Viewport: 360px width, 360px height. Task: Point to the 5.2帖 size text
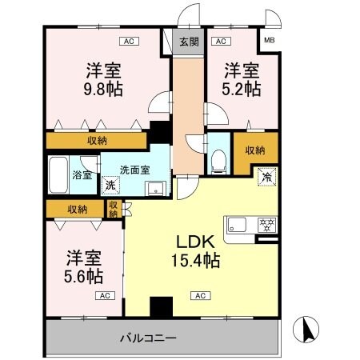[x=242, y=89]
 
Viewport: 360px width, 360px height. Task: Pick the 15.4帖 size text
[x=194, y=262]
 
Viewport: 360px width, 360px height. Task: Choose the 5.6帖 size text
[x=83, y=277]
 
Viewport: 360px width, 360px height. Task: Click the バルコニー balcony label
[x=150, y=338]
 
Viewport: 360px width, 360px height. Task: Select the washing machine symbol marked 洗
[x=110, y=185]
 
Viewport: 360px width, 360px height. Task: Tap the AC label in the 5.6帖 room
[x=104, y=295]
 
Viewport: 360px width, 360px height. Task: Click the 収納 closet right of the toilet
[x=255, y=150]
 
